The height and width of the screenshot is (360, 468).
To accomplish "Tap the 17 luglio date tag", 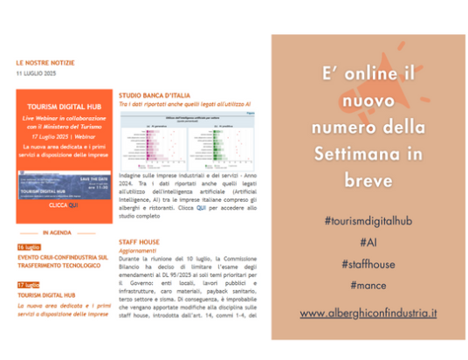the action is [x=28, y=285].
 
